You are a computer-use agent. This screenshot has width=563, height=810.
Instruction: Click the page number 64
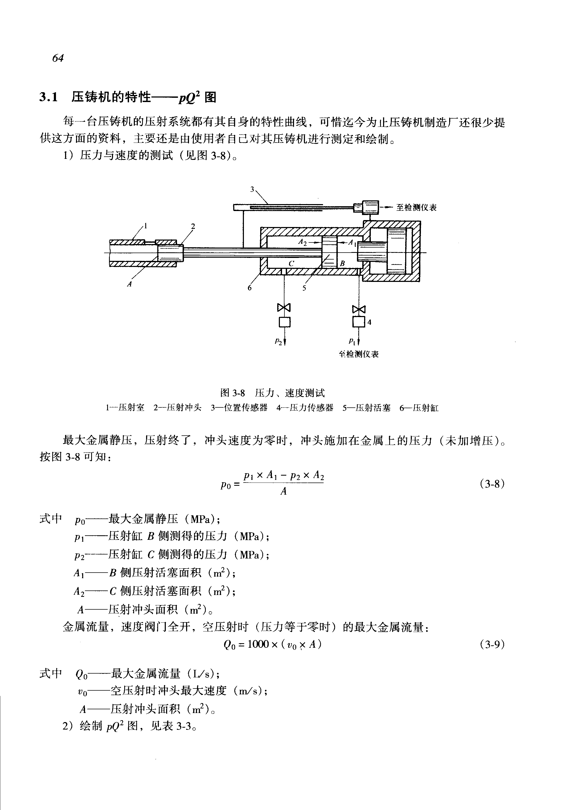pos(58,58)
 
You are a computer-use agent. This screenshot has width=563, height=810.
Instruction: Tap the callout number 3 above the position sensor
pos(252,189)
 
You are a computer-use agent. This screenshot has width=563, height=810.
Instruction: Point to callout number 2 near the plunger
pos(193,226)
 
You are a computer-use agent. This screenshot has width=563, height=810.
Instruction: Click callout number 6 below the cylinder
pos(250,288)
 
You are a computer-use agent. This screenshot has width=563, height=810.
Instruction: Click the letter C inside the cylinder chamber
pos(291,264)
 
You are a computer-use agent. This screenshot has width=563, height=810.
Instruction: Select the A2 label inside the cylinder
pos(302,242)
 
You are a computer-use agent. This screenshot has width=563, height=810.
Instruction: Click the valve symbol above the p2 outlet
pos(284,307)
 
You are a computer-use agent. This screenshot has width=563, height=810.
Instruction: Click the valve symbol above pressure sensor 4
pos(359,309)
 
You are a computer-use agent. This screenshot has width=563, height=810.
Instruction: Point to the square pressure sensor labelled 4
pos(359,322)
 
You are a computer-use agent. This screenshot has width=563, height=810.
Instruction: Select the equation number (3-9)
pos(492,644)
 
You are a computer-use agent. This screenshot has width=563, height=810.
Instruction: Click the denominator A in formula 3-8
pos(284,491)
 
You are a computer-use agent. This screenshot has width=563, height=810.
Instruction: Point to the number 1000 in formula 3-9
pos(258,644)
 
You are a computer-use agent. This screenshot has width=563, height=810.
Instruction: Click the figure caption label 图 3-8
pos(232,393)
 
